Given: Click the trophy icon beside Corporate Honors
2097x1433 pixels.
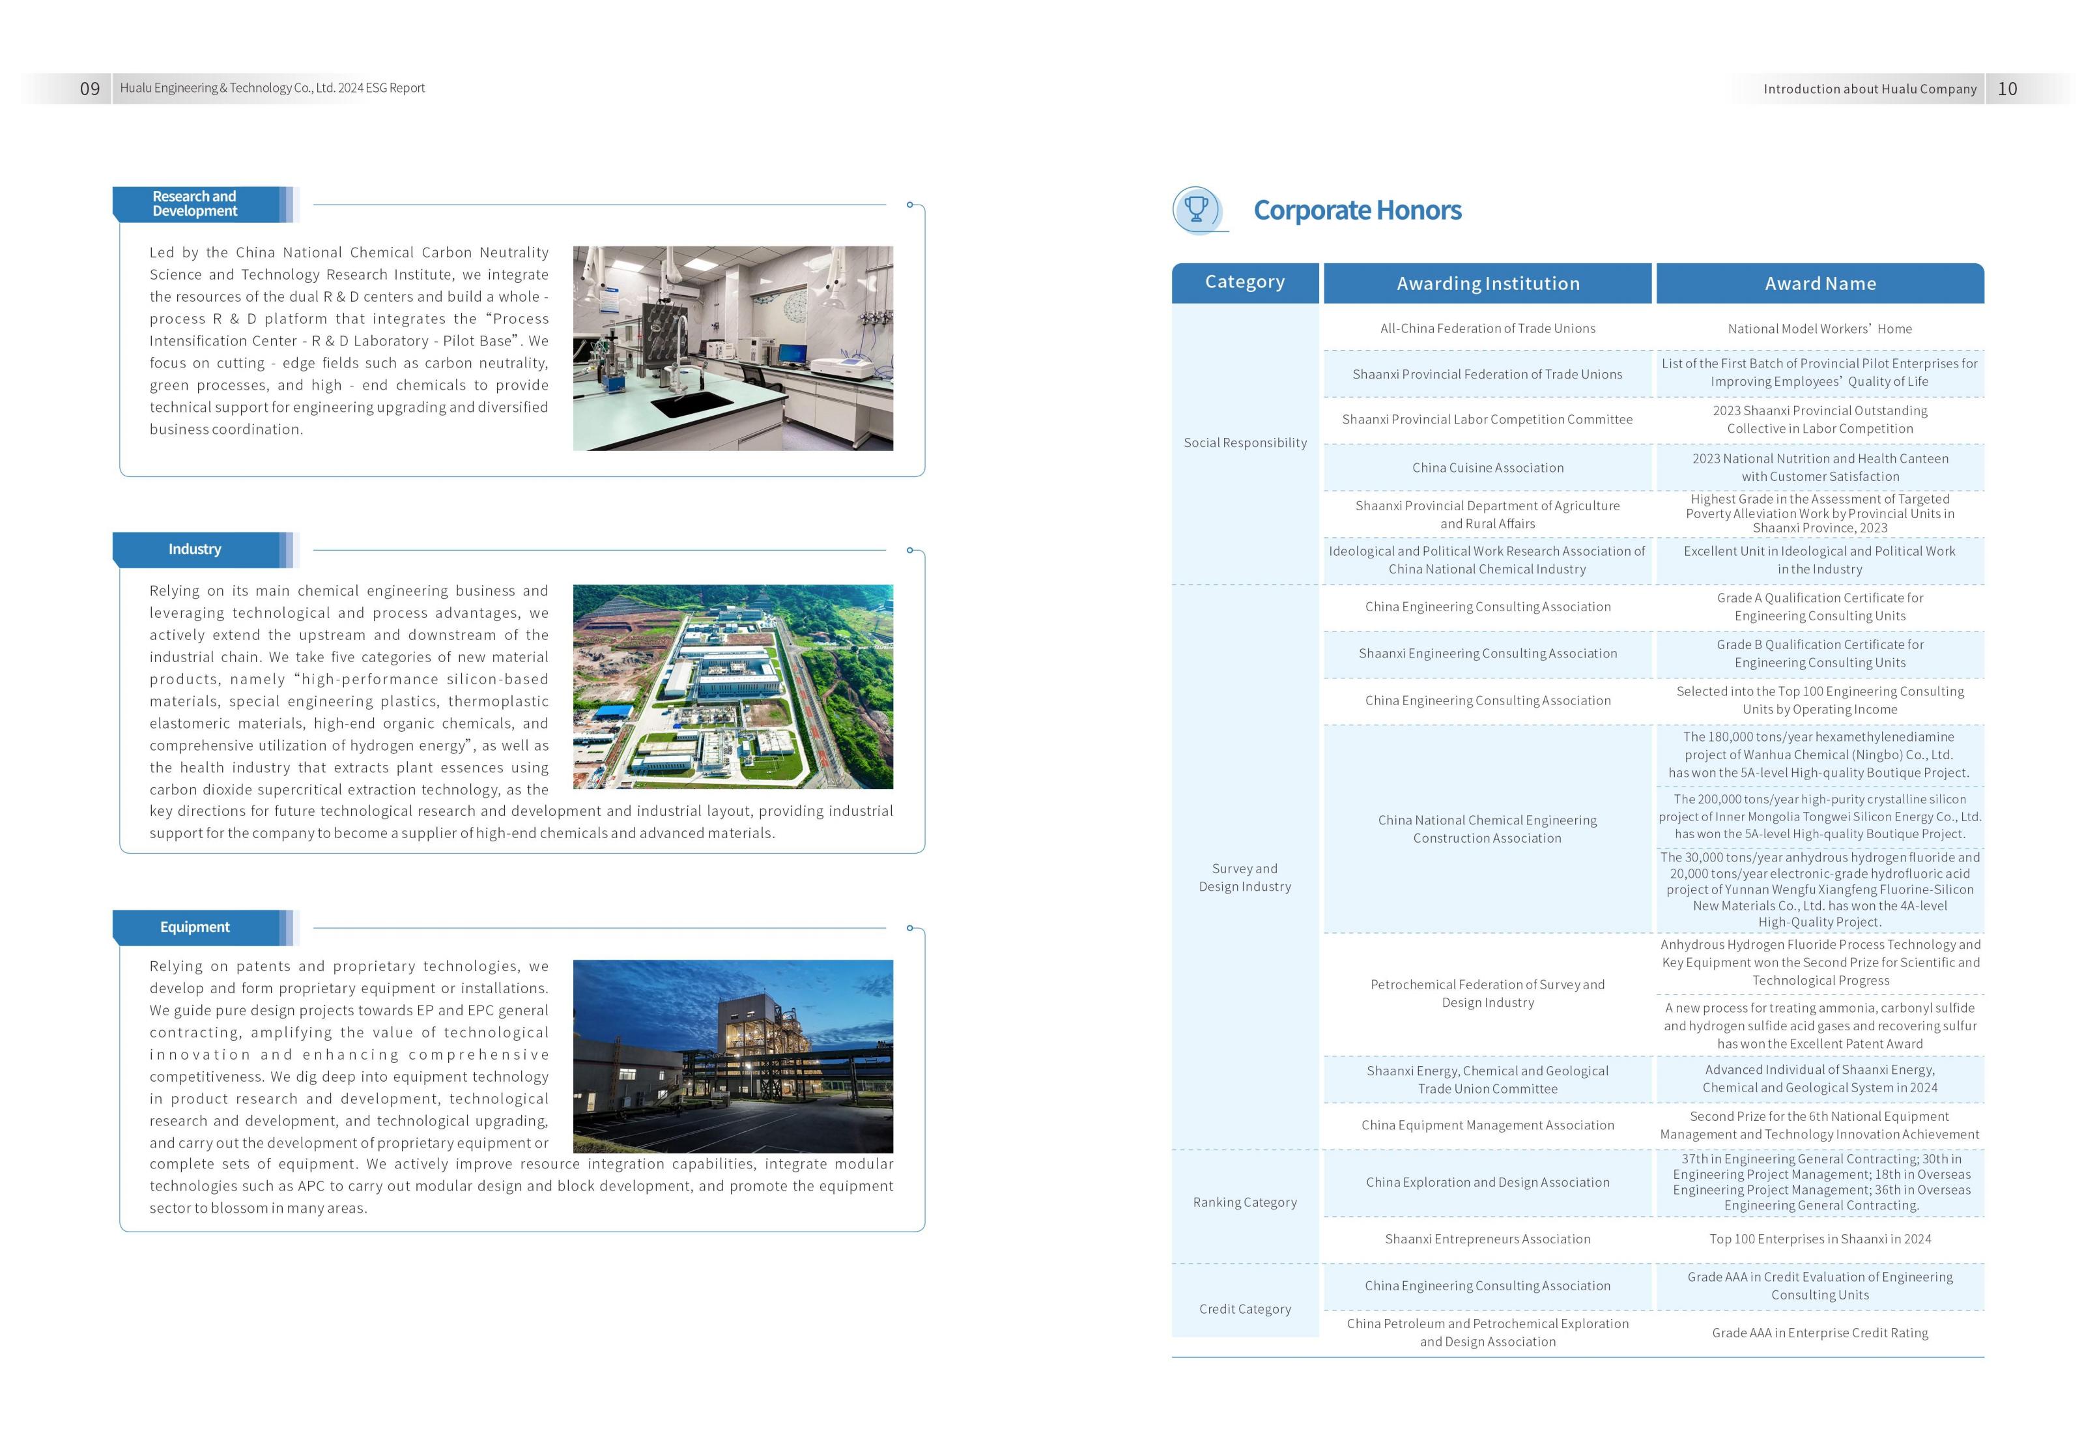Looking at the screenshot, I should [x=1197, y=209].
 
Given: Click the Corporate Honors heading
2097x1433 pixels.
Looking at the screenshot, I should [x=1357, y=210].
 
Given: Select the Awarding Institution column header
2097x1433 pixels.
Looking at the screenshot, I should [x=1488, y=283].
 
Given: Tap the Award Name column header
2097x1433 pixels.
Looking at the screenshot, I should [x=1820, y=283].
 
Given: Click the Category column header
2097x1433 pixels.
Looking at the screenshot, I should [x=1244, y=282].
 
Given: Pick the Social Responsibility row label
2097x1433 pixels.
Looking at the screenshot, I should [x=1244, y=442].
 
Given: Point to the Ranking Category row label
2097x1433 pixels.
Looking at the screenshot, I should [x=1244, y=1202].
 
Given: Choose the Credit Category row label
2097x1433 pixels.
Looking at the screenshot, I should [x=1244, y=1309].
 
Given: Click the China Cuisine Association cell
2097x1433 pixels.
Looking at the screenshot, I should [x=1487, y=467].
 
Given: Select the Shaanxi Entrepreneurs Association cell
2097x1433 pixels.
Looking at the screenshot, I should [x=1487, y=1239].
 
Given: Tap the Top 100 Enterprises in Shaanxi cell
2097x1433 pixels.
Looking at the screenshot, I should [x=1820, y=1239].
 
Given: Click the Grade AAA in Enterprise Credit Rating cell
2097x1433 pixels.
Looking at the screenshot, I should [x=1820, y=1333].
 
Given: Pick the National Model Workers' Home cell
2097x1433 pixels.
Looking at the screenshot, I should [x=1820, y=328].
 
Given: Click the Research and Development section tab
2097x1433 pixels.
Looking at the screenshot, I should [x=195, y=204].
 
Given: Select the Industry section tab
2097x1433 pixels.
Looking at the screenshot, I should [x=195, y=549].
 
